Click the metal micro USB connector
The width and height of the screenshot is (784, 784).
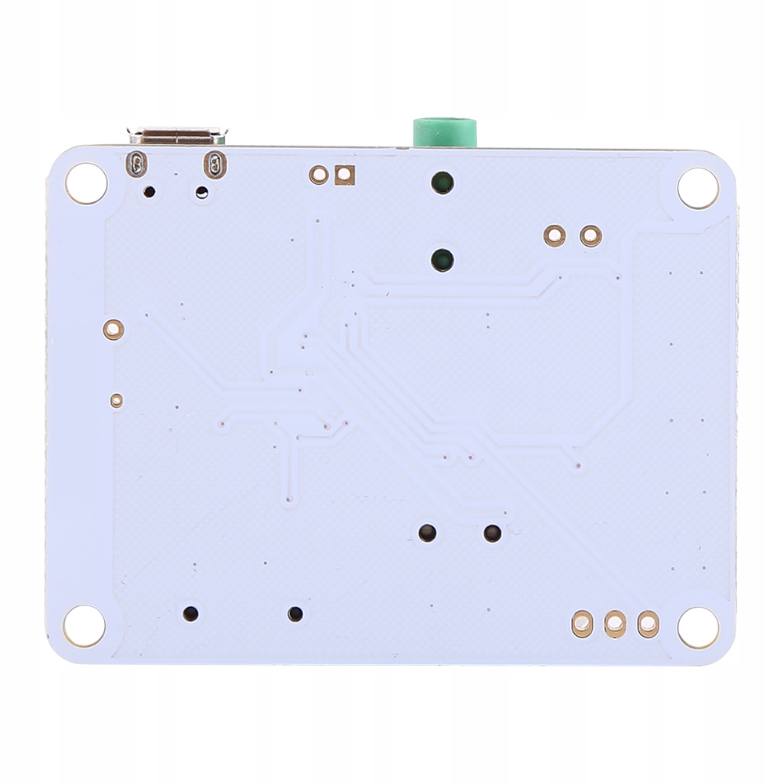[179, 135]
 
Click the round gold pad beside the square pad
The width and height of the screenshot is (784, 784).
[318, 175]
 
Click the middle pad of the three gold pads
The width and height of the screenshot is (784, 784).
[615, 623]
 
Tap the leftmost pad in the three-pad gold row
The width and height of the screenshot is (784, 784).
[582, 623]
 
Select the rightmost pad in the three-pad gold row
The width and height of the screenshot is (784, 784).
[648, 623]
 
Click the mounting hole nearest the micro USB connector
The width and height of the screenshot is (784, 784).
[85, 184]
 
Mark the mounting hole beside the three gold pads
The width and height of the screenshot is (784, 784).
[698, 627]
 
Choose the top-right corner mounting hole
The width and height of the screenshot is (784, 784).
[698, 188]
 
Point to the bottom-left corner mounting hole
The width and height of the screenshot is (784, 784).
[84, 626]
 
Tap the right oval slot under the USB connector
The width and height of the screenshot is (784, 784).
[214, 164]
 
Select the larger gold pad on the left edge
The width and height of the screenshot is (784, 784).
[114, 330]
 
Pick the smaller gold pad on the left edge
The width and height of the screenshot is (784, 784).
[116, 401]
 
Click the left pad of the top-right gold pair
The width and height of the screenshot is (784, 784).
[555, 235]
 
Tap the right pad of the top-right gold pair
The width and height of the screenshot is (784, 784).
[591, 235]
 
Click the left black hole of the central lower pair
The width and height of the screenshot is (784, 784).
[427, 533]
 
